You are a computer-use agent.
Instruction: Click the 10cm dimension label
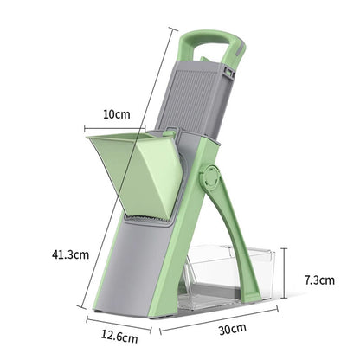tap(117, 114)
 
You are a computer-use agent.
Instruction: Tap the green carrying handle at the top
tap(209, 39)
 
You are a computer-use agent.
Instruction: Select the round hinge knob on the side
tap(210, 179)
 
